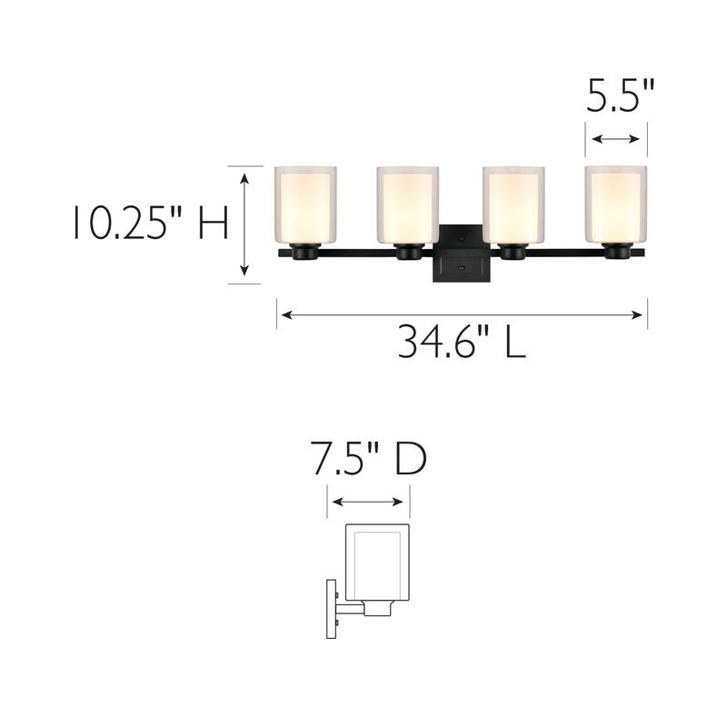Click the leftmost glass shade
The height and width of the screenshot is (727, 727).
click(305, 204)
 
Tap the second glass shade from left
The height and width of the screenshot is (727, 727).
click(408, 204)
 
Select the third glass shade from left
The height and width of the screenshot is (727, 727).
click(513, 204)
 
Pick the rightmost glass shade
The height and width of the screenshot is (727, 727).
click(616, 204)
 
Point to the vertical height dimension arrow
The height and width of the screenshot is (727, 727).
click(244, 224)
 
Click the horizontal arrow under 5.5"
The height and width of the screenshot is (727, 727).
click(616, 138)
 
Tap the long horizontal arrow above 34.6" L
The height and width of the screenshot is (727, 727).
click(462, 315)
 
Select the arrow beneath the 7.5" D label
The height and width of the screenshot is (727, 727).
click(369, 501)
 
